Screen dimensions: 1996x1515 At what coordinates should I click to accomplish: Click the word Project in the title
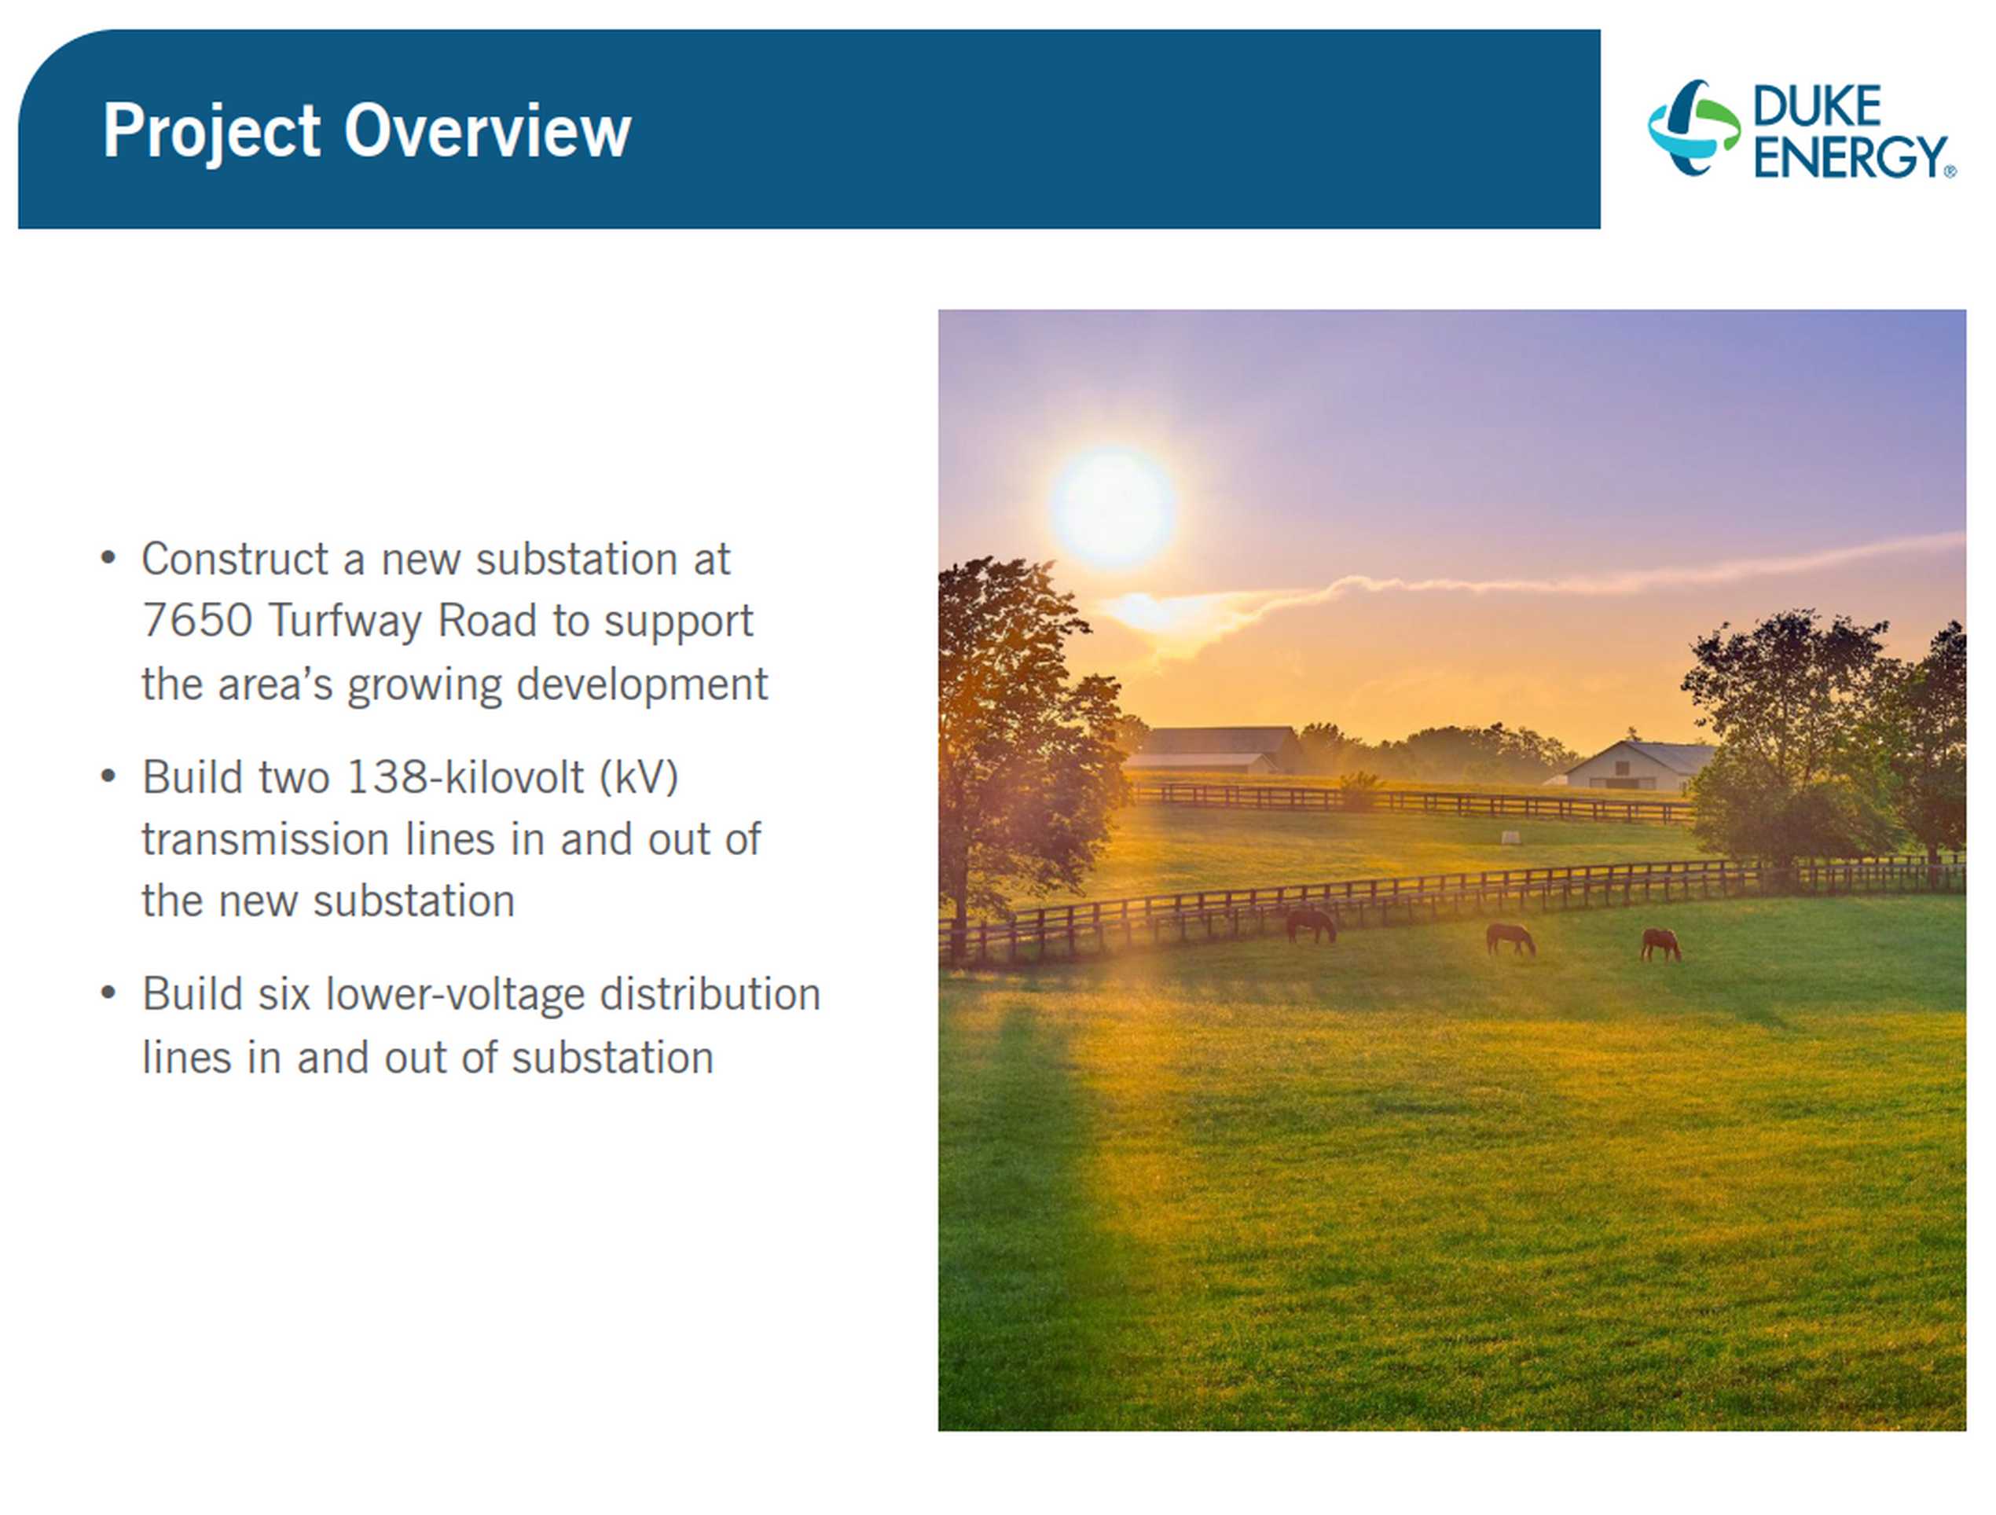[211, 133]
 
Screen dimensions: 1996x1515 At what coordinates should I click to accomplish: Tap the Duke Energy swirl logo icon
[1693, 127]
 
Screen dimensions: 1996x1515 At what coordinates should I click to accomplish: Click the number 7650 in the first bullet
[196, 621]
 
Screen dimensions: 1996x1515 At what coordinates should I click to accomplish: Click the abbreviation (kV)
[639, 778]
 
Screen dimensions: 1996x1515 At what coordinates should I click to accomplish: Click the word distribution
[710, 994]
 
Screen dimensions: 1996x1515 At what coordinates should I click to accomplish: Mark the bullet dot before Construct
[108, 558]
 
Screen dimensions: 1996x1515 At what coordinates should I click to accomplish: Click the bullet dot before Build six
[108, 993]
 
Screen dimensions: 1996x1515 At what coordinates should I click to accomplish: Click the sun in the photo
[1113, 506]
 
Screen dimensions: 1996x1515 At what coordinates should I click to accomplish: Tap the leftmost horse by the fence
[1310, 925]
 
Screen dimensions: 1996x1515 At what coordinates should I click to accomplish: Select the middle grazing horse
[1510, 938]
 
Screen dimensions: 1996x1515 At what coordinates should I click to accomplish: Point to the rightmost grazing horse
[1660, 945]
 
